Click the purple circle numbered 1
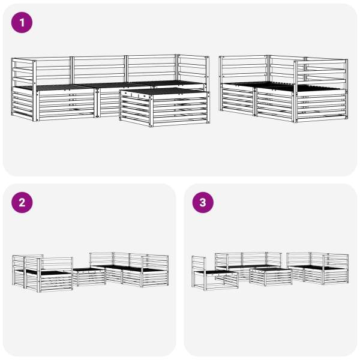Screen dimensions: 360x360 (x=22, y=23)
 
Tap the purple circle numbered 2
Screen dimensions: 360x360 (x=22, y=203)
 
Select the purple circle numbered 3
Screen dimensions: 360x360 (x=203, y=203)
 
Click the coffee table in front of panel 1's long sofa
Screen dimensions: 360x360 (x=164, y=107)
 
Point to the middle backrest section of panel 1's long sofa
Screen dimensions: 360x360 (x=99, y=70)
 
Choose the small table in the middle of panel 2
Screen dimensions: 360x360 (x=89, y=277)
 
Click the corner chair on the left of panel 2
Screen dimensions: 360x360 (x=43, y=273)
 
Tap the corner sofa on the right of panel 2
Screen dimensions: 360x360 (x=129, y=270)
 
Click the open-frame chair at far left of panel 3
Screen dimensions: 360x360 (x=215, y=273)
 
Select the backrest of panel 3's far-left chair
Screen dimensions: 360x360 (x=199, y=264)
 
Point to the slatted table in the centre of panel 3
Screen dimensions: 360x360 (x=271, y=276)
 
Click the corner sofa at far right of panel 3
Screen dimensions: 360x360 (x=318, y=268)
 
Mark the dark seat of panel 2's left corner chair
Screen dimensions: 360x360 (x=46, y=272)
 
